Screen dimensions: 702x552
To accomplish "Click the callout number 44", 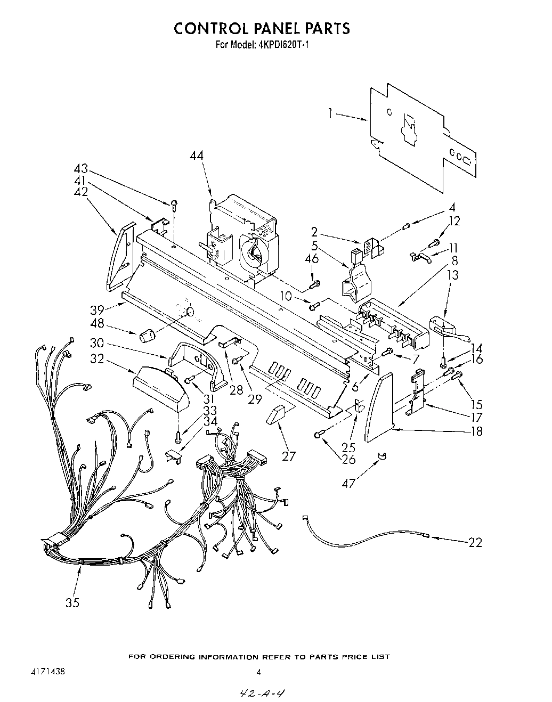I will [x=197, y=156].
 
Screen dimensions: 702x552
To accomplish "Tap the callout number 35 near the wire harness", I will [x=72, y=602].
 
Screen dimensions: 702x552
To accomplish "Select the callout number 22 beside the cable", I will [x=475, y=542].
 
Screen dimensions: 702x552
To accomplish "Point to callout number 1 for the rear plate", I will [x=331, y=112].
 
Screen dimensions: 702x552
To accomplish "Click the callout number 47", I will [x=350, y=483].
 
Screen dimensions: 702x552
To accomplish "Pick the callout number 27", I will [x=289, y=455].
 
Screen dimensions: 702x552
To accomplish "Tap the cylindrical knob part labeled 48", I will [x=147, y=336].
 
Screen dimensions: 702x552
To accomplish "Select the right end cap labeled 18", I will [x=380, y=407].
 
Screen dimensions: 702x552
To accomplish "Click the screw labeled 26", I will [x=318, y=435].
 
